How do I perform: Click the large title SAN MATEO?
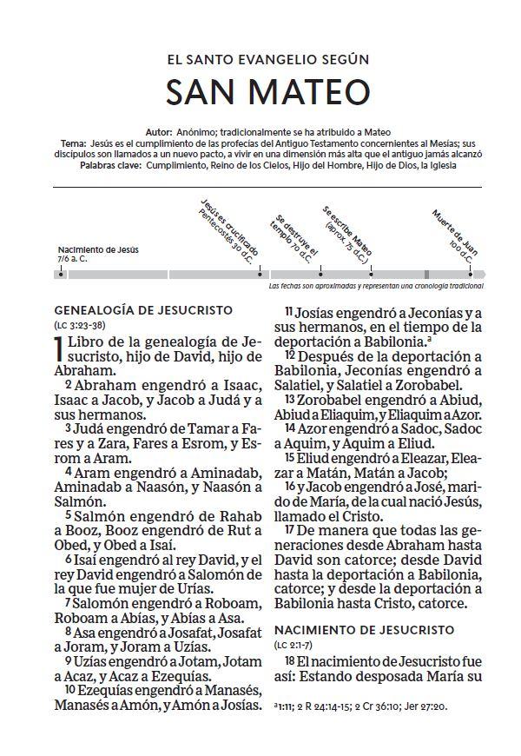[261, 91]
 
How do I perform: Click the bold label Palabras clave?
[111, 164]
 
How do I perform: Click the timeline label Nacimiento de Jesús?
[98, 249]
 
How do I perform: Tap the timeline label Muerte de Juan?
[453, 230]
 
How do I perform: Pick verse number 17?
[291, 528]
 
